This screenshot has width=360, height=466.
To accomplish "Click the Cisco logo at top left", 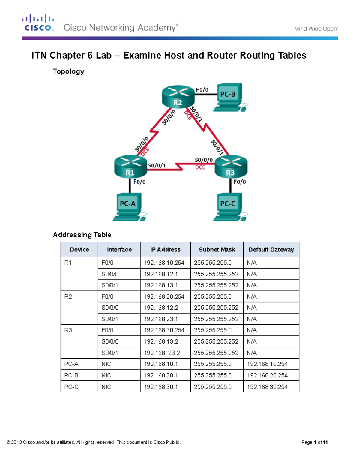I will coord(38,23).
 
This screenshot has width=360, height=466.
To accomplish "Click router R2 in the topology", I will coord(178,96).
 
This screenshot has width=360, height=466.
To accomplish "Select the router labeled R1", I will coord(130,167).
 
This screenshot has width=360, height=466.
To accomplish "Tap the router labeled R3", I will coord(231,167).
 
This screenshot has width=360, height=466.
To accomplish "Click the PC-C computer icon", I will coord(229,207).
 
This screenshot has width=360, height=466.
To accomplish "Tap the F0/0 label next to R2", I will coord(202,90).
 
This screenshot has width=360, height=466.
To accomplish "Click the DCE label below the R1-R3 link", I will coord(200,167).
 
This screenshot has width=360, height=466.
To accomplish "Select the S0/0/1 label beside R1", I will coord(157,166).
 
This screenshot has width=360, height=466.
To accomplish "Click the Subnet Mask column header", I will coord(217,250).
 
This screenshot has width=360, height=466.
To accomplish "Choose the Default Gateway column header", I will coord(271,250).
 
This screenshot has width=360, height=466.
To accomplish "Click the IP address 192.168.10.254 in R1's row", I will coord(164,263).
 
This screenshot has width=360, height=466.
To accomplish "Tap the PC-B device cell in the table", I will coord(71,375).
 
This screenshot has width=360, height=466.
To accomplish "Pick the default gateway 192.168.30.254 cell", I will coord(267,387).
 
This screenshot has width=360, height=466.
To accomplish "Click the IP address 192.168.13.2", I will coord(161,341).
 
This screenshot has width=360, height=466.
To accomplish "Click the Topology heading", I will coord(68,71).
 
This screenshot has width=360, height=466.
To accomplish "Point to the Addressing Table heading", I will coord(82,235).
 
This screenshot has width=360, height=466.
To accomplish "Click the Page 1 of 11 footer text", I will coord(314,442).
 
